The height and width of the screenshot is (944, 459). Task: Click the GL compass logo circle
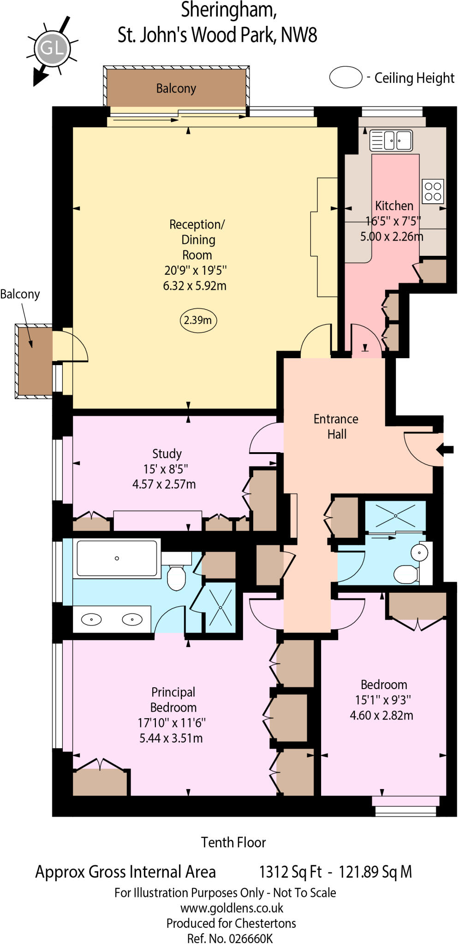(x=52, y=48)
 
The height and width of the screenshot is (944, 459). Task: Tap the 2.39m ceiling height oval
(x=198, y=320)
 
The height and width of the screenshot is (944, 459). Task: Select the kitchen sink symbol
(x=391, y=140)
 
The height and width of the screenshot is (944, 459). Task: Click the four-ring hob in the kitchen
(x=433, y=191)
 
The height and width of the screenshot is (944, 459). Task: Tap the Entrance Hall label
(x=336, y=426)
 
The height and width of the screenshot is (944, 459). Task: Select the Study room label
(x=167, y=454)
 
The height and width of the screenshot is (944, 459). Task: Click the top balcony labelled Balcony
(x=176, y=88)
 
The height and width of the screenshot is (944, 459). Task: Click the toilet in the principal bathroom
(x=176, y=576)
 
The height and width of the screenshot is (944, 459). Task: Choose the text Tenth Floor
(x=233, y=843)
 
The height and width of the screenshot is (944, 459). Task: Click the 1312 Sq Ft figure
(x=290, y=872)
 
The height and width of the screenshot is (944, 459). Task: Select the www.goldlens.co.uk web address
(x=232, y=908)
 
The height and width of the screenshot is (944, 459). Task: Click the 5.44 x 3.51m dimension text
(x=171, y=738)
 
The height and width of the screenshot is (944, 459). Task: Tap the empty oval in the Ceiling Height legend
(x=346, y=77)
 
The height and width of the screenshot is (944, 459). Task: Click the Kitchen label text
(x=394, y=206)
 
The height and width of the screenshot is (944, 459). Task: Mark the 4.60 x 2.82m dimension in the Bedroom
(x=382, y=715)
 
